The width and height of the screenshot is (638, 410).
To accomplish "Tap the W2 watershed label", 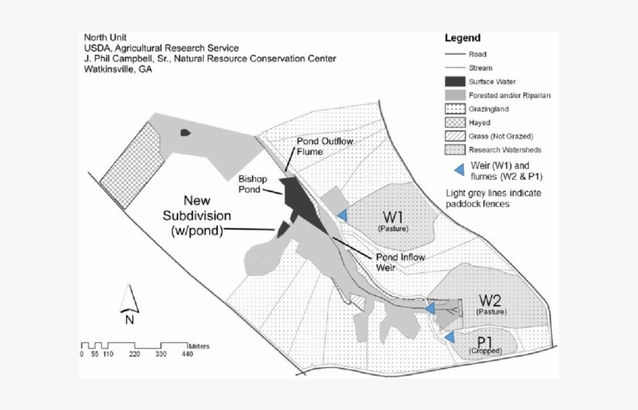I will point(491,300).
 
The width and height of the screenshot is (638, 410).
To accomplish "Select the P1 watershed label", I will point(485,342).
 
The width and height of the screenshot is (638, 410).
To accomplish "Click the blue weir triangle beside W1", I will point(342,216).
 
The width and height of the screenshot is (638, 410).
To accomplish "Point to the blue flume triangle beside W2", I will point(429,308).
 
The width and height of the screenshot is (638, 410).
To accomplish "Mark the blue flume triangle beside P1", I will point(449,336).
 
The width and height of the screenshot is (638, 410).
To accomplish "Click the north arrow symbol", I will point(130,300).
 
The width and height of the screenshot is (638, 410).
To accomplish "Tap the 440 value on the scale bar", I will point(188,354).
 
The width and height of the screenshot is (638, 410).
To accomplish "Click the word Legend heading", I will point(462,38).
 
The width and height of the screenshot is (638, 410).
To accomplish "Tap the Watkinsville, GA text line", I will point(117,69).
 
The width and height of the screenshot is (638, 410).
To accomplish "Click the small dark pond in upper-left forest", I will point(184,133).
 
